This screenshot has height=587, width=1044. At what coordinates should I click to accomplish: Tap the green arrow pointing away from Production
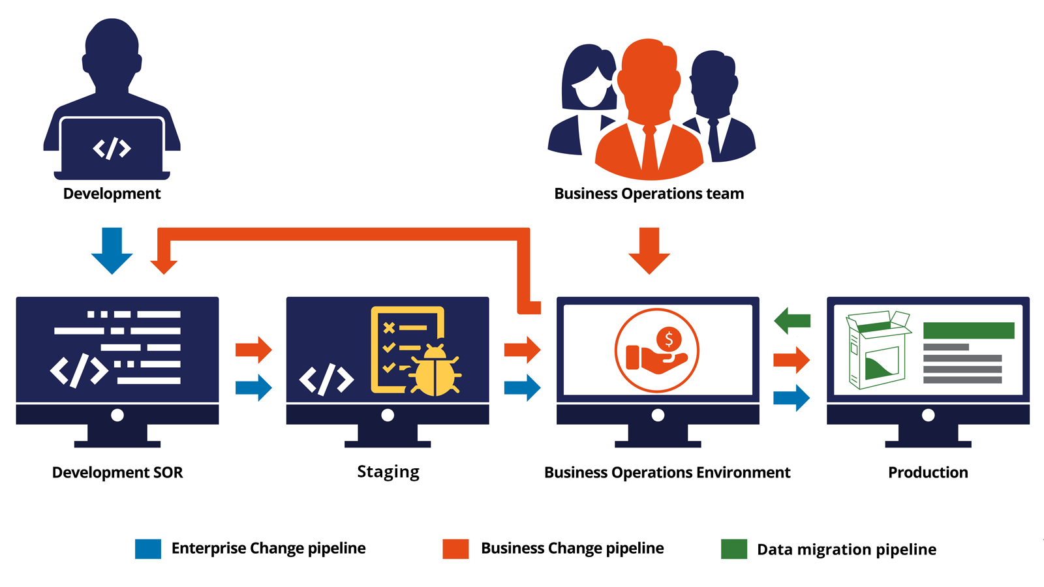[x=792, y=320]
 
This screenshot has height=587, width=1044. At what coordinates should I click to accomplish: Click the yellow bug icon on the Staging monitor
[x=435, y=372]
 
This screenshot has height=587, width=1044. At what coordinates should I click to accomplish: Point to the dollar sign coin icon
[x=668, y=339]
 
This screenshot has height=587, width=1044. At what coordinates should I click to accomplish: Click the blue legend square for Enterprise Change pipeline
[x=148, y=549]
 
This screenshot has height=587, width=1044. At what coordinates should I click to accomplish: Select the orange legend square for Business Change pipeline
[x=455, y=549]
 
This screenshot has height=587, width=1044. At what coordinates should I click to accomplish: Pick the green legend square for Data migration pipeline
[x=734, y=549]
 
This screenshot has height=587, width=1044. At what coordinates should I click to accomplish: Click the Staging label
[x=388, y=472]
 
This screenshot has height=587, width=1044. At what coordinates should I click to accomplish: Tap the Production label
[x=928, y=472]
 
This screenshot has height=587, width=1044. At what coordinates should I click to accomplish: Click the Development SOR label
[x=117, y=472]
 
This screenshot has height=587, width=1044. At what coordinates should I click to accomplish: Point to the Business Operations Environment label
[x=667, y=472]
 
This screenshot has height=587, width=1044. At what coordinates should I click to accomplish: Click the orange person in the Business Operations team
[x=650, y=111]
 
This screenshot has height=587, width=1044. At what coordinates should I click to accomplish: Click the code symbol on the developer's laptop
[x=112, y=148]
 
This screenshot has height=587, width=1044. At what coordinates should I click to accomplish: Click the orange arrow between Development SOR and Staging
[x=254, y=350]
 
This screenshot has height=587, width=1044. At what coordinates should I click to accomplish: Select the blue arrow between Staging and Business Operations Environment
[x=523, y=387]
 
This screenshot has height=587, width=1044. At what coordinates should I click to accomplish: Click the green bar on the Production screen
[x=968, y=330]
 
